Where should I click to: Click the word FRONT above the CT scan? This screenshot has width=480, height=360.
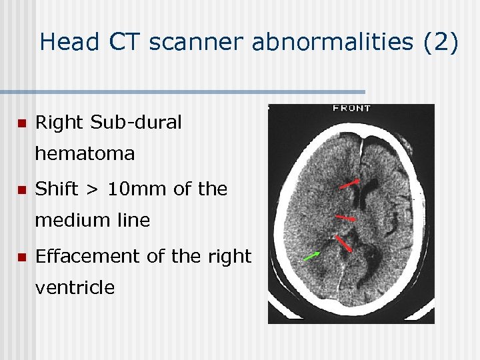point(353,108)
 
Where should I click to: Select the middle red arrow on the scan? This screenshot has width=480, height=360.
point(346,218)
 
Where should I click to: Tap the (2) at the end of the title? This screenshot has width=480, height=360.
point(441,43)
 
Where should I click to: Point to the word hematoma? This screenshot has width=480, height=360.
point(85,154)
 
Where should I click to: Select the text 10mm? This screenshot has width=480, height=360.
point(138,189)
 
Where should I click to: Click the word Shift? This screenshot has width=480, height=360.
point(56,189)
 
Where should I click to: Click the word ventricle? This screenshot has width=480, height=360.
point(75,287)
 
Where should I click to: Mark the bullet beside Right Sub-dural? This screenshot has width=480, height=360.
point(21,123)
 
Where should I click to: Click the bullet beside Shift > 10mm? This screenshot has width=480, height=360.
point(21,190)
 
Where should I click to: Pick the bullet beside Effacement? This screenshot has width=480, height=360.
point(21,257)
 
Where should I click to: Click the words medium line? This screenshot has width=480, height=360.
point(92,221)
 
